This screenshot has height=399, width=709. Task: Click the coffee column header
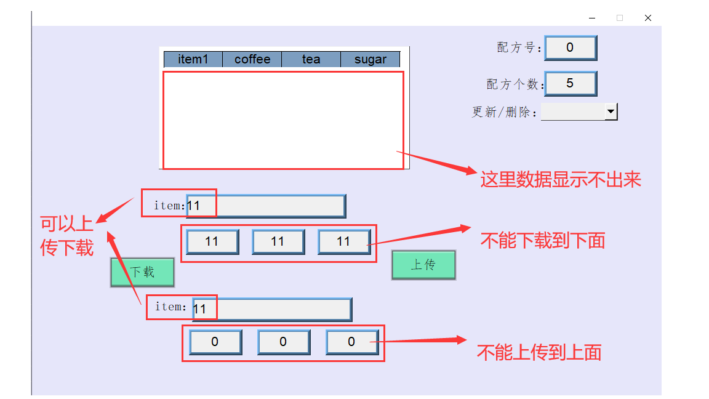(x=252, y=59)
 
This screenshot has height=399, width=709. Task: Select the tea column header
(x=311, y=59)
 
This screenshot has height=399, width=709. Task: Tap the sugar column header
(x=370, y=59)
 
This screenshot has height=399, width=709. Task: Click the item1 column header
(x=193, y=59)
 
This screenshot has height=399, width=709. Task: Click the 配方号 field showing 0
(x=570, y=47)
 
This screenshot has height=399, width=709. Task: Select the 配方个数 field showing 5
(x=570, y=83)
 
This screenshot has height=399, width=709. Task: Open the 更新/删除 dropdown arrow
(x=611, y=111)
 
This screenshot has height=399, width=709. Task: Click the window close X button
(x=648, y=18)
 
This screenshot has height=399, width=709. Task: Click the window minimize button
(x=592, y=18)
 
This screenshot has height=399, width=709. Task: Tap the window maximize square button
(x=620, y=18)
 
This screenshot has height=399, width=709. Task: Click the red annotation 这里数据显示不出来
(x=561, y=179)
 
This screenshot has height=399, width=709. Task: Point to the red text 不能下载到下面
(x=542, y=240)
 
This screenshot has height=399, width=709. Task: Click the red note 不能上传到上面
(x=539, y=352)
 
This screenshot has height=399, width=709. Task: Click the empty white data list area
(x=283, y=119)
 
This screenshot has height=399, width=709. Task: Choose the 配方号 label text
(x=519, y=48)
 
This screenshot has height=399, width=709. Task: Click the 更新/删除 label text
(x=505, y=112)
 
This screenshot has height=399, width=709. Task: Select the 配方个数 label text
(x=515, y=84)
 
